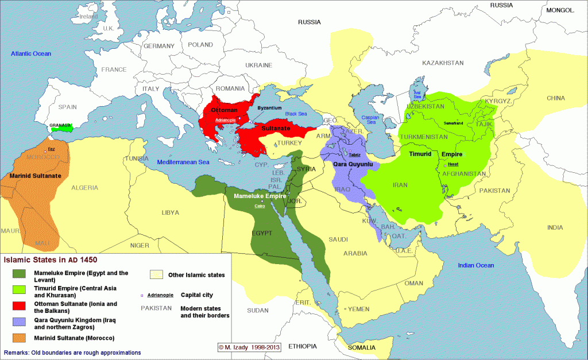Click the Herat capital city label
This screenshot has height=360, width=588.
452,166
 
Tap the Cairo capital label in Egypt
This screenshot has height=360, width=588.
260,206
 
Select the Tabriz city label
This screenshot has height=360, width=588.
355,154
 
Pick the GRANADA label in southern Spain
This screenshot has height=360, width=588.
60,125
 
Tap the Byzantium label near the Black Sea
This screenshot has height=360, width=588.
269,107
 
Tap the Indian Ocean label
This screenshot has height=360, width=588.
475,265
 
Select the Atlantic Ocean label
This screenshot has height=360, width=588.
31,53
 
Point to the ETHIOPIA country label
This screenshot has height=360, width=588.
302,346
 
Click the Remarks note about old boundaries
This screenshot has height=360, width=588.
72,352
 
